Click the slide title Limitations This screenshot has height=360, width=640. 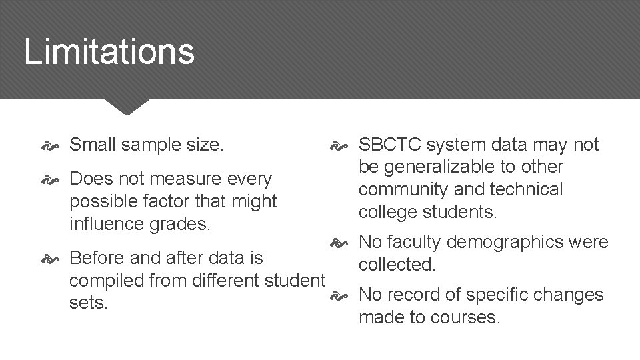(109, 51)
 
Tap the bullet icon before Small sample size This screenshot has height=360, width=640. (51, 145)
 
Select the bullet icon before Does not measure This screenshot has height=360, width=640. (51, 179)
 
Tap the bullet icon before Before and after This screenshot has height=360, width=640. (51, 258)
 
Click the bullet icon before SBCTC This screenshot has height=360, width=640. (339, 145)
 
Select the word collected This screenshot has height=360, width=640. (397, 265)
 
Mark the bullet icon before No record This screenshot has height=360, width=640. (339, 295)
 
